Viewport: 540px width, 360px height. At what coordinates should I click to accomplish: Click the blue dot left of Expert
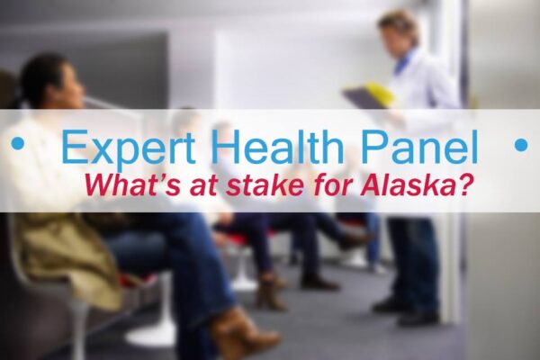[x=16, y=144]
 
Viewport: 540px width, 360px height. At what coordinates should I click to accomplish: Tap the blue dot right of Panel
[x=520, y=144]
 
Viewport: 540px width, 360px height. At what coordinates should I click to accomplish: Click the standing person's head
[x=399, y=31]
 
